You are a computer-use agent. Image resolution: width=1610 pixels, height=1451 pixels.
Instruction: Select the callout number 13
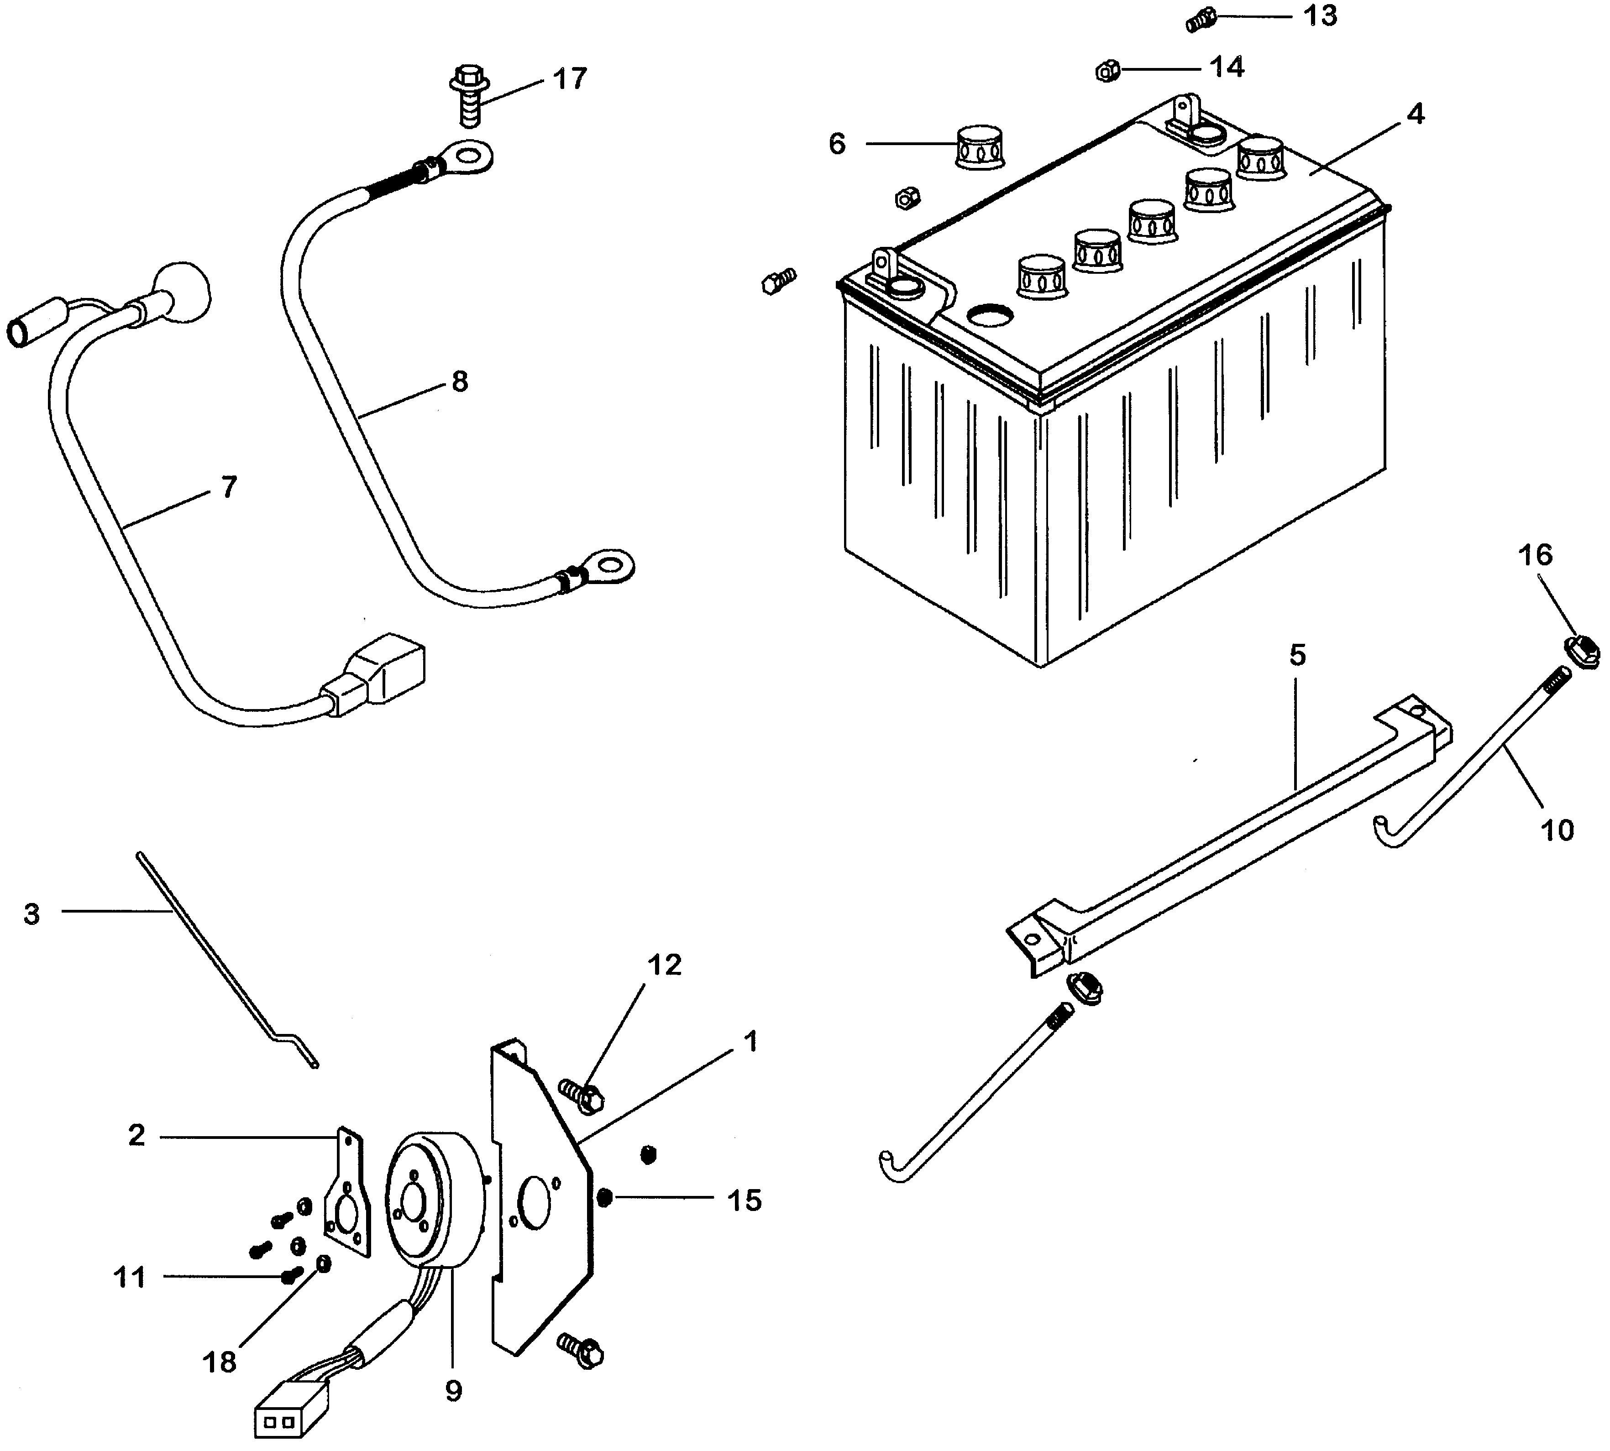click(x=1320, y=15)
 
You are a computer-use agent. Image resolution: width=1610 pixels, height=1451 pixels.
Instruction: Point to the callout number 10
click(x=1557, y=830)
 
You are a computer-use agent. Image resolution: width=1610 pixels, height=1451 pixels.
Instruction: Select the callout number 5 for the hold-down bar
click(x=1297, y=655)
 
